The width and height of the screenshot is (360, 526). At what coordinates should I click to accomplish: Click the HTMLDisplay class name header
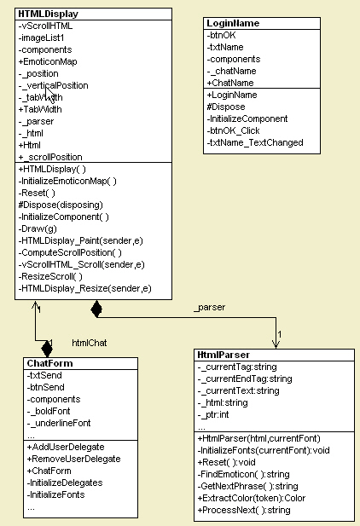pos(48,14)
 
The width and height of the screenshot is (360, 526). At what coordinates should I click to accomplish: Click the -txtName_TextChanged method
pos(255,143)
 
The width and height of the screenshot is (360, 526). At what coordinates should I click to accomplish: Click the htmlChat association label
pos(89,342)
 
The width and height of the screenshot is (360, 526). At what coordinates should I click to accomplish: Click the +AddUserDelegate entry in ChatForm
pos(66,446)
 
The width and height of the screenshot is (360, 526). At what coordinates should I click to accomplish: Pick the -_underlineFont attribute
pos(59,423)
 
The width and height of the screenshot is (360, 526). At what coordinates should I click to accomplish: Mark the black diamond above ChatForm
pos(47,347)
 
